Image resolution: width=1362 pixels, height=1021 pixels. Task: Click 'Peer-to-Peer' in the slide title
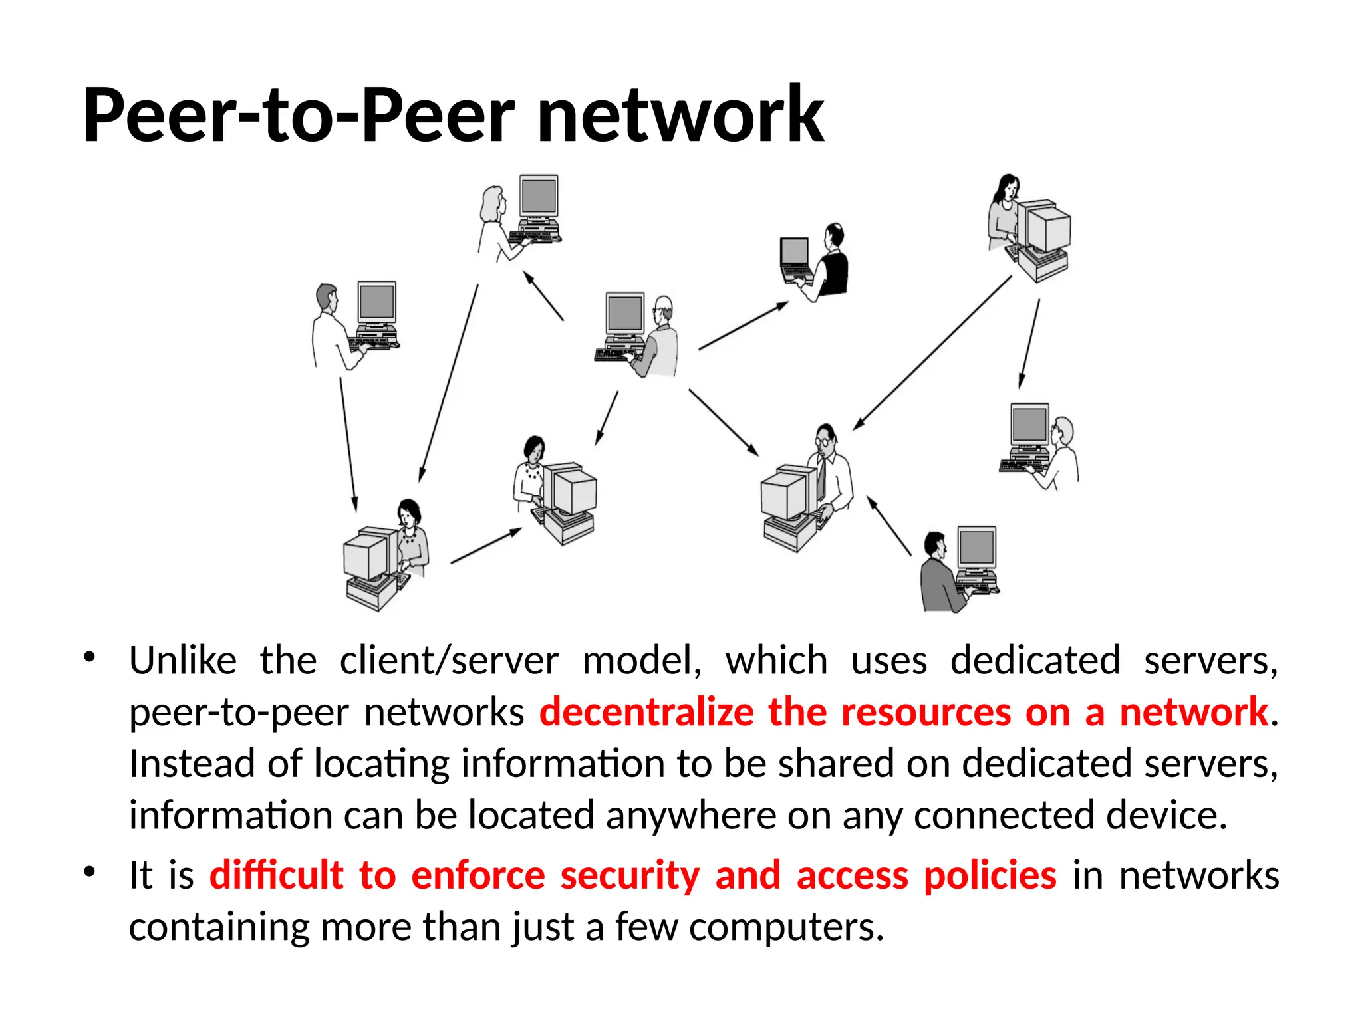(x=299, y=116)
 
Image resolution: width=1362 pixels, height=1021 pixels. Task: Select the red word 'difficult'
(x=276, y=875)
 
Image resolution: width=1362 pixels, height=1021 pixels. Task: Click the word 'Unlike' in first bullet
(x=183, y=661)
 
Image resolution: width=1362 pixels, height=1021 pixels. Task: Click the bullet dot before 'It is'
(x=90, y=871)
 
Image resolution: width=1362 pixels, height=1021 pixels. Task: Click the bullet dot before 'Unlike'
(x=90, y=657)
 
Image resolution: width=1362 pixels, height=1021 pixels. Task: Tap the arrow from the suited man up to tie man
(x=888, y=525)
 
